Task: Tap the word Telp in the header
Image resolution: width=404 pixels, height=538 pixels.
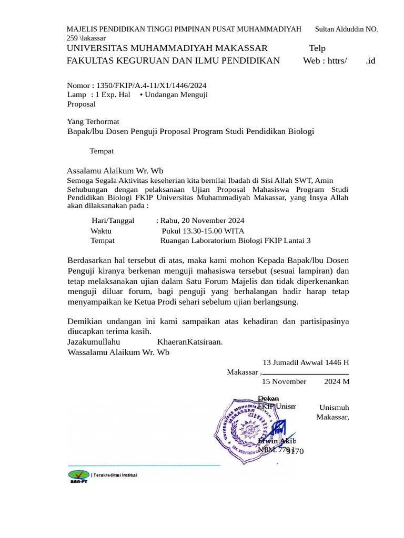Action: pos(317,48)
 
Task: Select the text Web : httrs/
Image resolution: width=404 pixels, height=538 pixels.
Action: pos(325,60)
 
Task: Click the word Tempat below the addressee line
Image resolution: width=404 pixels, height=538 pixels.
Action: pos(102,151)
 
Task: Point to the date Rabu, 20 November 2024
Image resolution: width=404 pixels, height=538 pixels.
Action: pos(202,221)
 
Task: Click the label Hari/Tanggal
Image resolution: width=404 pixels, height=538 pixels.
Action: pos(113,221)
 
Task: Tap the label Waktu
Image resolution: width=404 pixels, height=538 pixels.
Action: pos(101,231)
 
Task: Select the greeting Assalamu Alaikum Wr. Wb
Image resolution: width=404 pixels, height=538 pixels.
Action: pos(115,171)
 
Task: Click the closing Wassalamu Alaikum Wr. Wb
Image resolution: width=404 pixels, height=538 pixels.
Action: pos(118,352)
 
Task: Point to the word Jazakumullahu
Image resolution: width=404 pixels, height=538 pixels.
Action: pos(94,342)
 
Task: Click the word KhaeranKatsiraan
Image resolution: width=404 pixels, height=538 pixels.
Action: pos(190,342)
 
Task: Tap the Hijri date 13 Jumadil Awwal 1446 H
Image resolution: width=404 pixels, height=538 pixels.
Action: pos(306,363)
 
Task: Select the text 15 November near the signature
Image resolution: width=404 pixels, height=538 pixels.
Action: pos(284,381)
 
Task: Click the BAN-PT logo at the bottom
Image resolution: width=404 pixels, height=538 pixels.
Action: pos(78,476)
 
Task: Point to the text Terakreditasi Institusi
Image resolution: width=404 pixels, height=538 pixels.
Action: pos(115,475)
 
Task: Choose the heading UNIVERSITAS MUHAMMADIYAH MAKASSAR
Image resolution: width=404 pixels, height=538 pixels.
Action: pos(167,48)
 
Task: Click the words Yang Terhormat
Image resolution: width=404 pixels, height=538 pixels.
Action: pos(93,121)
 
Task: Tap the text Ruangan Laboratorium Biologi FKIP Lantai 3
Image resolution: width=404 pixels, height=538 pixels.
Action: pos(235,241)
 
